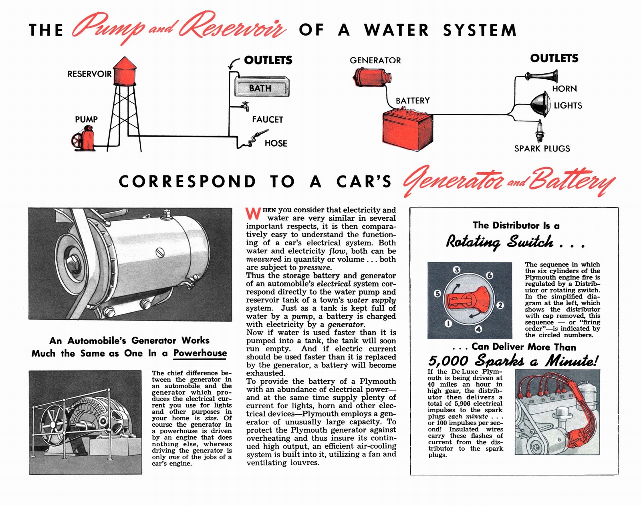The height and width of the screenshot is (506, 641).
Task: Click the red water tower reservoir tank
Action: coord(125,72)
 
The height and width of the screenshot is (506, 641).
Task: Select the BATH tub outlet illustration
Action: coord(261,88)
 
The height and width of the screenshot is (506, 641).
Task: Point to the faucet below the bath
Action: coord(245,106)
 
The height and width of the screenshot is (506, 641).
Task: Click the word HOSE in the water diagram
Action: coord(276,143)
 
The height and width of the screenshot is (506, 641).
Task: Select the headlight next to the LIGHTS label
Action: coord(540,103)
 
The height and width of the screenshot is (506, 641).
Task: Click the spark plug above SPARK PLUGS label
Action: coord(540,131)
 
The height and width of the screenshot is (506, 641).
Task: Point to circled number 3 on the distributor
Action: coord(456,270)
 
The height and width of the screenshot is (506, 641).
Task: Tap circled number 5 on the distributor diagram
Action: coord(437,294)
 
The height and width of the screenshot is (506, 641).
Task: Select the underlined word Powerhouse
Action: coord(200,353)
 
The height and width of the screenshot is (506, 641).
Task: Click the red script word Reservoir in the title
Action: coord(233,28)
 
